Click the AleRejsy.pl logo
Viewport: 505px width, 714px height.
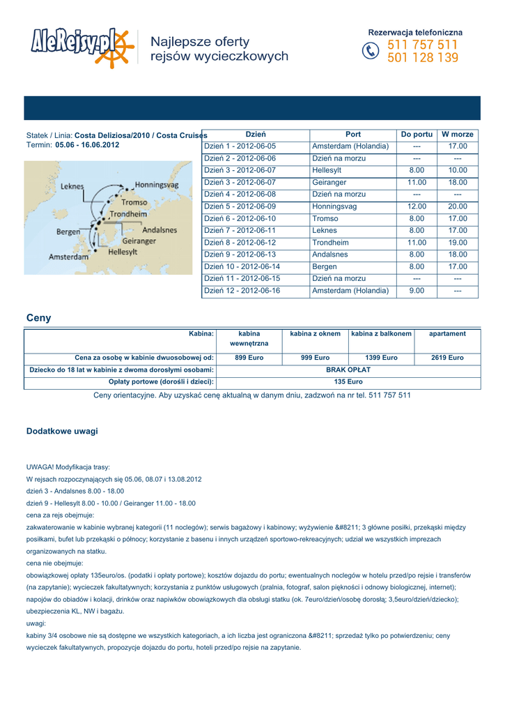point(80,48)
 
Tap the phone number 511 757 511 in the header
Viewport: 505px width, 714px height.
point(422,45)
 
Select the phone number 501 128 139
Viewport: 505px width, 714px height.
point(422,59)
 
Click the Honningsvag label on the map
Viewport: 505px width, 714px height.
point(157,185)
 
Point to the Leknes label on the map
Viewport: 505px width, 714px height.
point(72,187)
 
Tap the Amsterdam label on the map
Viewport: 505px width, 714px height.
point(68,257)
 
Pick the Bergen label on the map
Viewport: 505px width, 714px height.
point(68,231)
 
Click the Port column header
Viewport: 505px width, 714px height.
point(353,135)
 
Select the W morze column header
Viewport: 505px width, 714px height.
point(458,135)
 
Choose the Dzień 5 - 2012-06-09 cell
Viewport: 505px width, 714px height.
point(240,206)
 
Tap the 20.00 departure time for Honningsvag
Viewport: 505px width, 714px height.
point(458,206)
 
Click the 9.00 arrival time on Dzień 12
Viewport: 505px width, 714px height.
point(417,291)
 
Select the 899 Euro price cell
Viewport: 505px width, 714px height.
point(249,358)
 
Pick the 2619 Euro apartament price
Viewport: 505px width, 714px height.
point(447,358)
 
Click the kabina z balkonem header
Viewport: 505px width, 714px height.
point(381,334)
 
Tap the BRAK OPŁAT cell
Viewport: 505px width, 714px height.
point(348,370)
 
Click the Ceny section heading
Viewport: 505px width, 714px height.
point(38,318)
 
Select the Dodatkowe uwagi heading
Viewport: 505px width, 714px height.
point(62,432)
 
